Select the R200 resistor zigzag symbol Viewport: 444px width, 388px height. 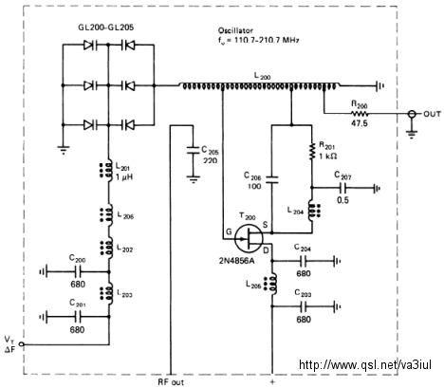point(360,114)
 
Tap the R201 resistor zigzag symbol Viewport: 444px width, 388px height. point(312,151)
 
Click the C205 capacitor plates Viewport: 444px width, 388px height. point(193,150)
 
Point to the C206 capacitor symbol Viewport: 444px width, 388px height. point(271,179)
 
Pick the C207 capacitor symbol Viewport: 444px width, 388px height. point(342,188)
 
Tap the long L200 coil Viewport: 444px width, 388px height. point(260,85)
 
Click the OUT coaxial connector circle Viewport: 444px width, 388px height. point(411,114)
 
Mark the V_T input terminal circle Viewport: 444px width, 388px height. point(22,344)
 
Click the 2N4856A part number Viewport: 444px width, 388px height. point(238,261)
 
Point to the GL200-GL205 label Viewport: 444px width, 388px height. point(106,28)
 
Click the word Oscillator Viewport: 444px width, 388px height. point(235,30)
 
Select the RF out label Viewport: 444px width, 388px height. point(171,381)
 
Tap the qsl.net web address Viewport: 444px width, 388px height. point(365,364)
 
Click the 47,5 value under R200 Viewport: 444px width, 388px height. point(360,123)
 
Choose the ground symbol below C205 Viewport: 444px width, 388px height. point(194,179)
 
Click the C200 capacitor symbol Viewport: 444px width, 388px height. point(78,271)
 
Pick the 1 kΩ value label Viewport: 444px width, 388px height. point(327,157)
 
